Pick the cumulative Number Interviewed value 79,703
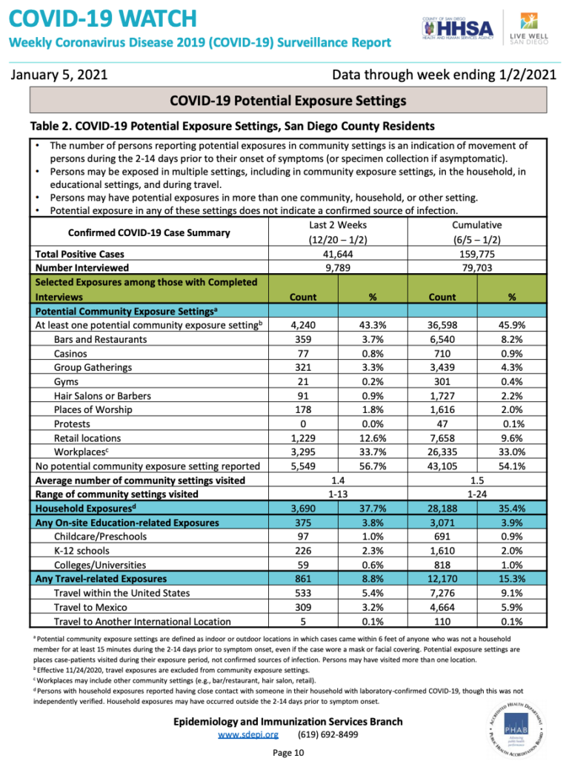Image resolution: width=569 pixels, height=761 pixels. [x=476, y=267]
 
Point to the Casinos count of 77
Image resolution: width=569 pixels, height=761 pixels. [x=302, y=353]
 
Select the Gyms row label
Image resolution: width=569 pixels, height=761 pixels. [x=67, y=381]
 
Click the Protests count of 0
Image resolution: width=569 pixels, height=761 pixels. [x=302, y=423]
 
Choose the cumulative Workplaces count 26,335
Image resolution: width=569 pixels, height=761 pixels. [x=442, y=452]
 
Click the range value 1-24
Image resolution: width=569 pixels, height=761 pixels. [x=476, y=494]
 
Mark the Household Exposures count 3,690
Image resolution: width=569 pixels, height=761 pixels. [x=302, y=509]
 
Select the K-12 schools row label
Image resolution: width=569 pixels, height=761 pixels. [x=81, y=550]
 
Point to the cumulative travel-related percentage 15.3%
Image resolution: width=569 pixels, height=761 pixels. [x=511, y=578]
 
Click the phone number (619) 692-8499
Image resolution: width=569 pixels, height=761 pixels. [x=327, y=734]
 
